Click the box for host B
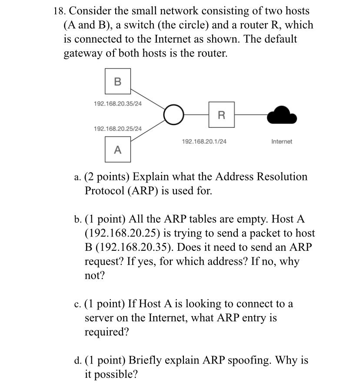pos(117,81)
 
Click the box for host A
pos(117,150)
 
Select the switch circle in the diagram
pos(173,115)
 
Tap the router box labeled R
pos(221,115)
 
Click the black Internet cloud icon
pos(282,115)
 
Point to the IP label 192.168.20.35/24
pos(117,103)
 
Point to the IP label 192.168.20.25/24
pos(117,129)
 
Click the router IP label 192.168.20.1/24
pos(204,141)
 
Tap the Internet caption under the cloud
pos(282,141)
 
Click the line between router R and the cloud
pos(250,115)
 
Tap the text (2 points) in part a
pos(107,177)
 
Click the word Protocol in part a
pos(104,191)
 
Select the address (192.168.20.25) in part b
pos(126,233)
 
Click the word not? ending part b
pos(94,276)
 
